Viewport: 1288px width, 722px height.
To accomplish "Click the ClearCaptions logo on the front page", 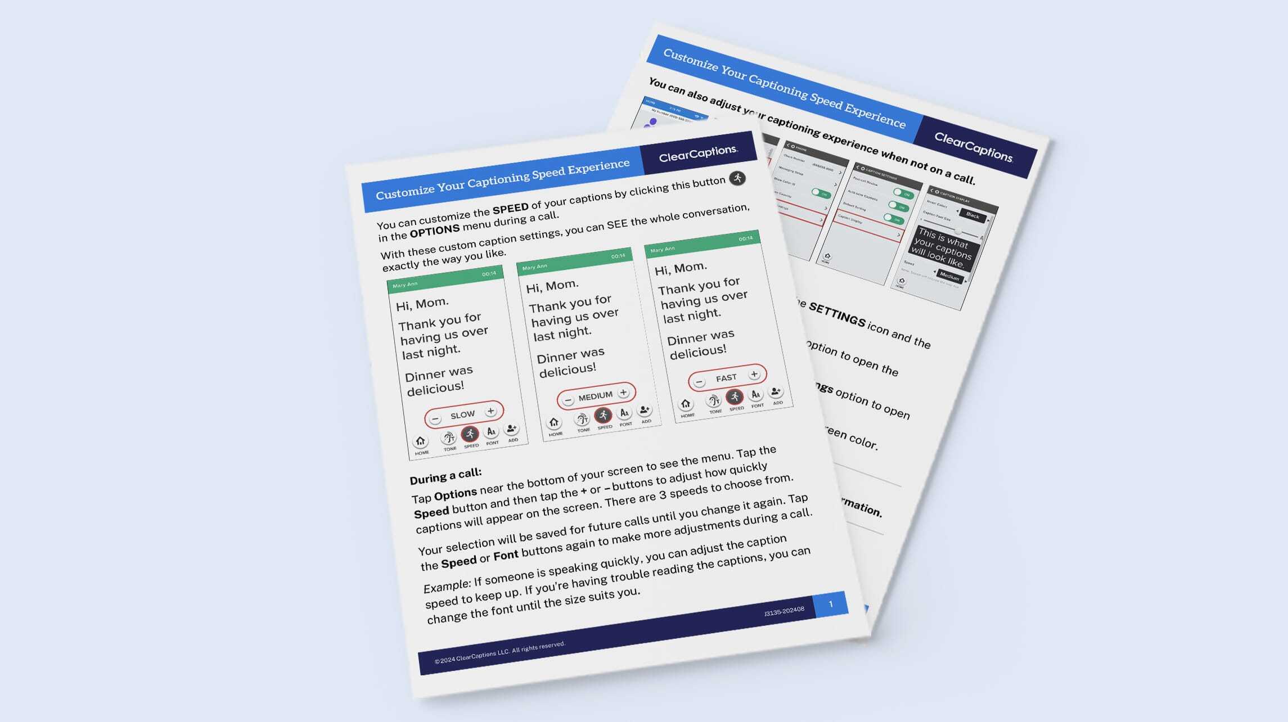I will tap(698, 153).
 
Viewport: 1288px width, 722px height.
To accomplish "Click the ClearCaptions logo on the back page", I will tap(973, 147).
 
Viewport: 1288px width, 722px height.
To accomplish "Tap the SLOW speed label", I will tap(462, 415).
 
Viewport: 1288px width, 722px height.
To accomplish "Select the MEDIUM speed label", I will tap(595, 396).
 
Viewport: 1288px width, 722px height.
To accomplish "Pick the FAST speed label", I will tap(726, 378).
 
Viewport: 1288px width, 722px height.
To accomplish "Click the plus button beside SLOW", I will tap(490, 411).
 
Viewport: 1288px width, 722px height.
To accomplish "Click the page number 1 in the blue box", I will tap(831, 604).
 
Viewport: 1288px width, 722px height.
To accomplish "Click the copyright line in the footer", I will tap(499, 653).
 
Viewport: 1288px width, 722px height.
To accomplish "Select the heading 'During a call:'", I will tap(445, 476).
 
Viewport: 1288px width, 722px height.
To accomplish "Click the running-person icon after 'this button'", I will tap(737, 178).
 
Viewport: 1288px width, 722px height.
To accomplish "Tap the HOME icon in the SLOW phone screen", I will tap(420, 441).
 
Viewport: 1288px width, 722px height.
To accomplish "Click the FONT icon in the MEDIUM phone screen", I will tap(624, 413).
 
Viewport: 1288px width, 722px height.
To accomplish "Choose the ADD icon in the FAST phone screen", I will tap(776, 392).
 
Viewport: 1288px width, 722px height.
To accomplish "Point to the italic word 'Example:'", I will tap(447, 586).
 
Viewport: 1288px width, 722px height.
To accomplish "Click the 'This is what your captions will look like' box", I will tap(943, 247).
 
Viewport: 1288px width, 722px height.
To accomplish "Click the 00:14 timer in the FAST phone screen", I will tap(745, 238).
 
